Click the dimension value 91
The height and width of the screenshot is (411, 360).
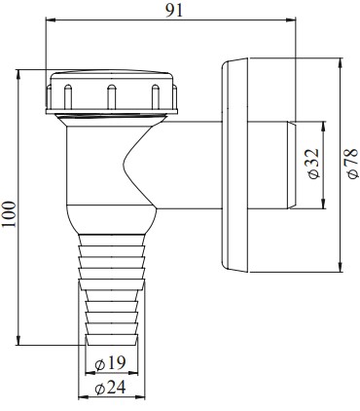174,11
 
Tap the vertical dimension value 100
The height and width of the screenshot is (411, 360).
10,214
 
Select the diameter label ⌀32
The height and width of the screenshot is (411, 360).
313,164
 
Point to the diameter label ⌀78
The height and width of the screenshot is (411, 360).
352,164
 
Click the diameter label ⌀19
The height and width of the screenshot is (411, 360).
111,363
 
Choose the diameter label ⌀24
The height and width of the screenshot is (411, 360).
110,388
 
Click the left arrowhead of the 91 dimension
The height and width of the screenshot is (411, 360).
51,19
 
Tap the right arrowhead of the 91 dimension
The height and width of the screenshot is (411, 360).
291,19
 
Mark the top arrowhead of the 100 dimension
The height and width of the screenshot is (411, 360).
18,74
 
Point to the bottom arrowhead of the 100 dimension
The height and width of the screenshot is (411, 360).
18,340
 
